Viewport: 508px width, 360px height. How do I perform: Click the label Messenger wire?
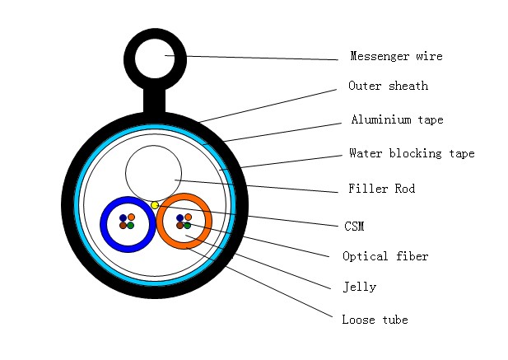pos(396,57)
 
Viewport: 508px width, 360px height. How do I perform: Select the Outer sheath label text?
pos(388,86)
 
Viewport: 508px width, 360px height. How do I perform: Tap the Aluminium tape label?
pos(397,120)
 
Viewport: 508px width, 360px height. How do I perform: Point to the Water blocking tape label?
pos(411,153)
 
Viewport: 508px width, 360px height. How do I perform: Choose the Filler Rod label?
pos(381,189)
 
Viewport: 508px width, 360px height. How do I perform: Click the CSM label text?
pos(354,224)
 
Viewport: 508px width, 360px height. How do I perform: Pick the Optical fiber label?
pos(385,256)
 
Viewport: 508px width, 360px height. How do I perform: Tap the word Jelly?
pos(359,288)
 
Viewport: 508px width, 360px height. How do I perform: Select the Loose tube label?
pos(375,320)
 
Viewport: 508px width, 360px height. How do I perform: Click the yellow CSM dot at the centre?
pos(155,204)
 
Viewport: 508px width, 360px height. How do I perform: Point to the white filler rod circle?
pos(153,173)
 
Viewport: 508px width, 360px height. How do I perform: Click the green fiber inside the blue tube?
pos(130,225)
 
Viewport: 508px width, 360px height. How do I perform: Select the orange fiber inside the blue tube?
pos(130,217)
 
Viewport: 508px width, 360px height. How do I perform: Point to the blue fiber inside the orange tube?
pos(179,217)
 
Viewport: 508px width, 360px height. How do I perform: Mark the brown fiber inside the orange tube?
pos(179,225)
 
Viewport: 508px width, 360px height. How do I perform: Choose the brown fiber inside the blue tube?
pos(123,225)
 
